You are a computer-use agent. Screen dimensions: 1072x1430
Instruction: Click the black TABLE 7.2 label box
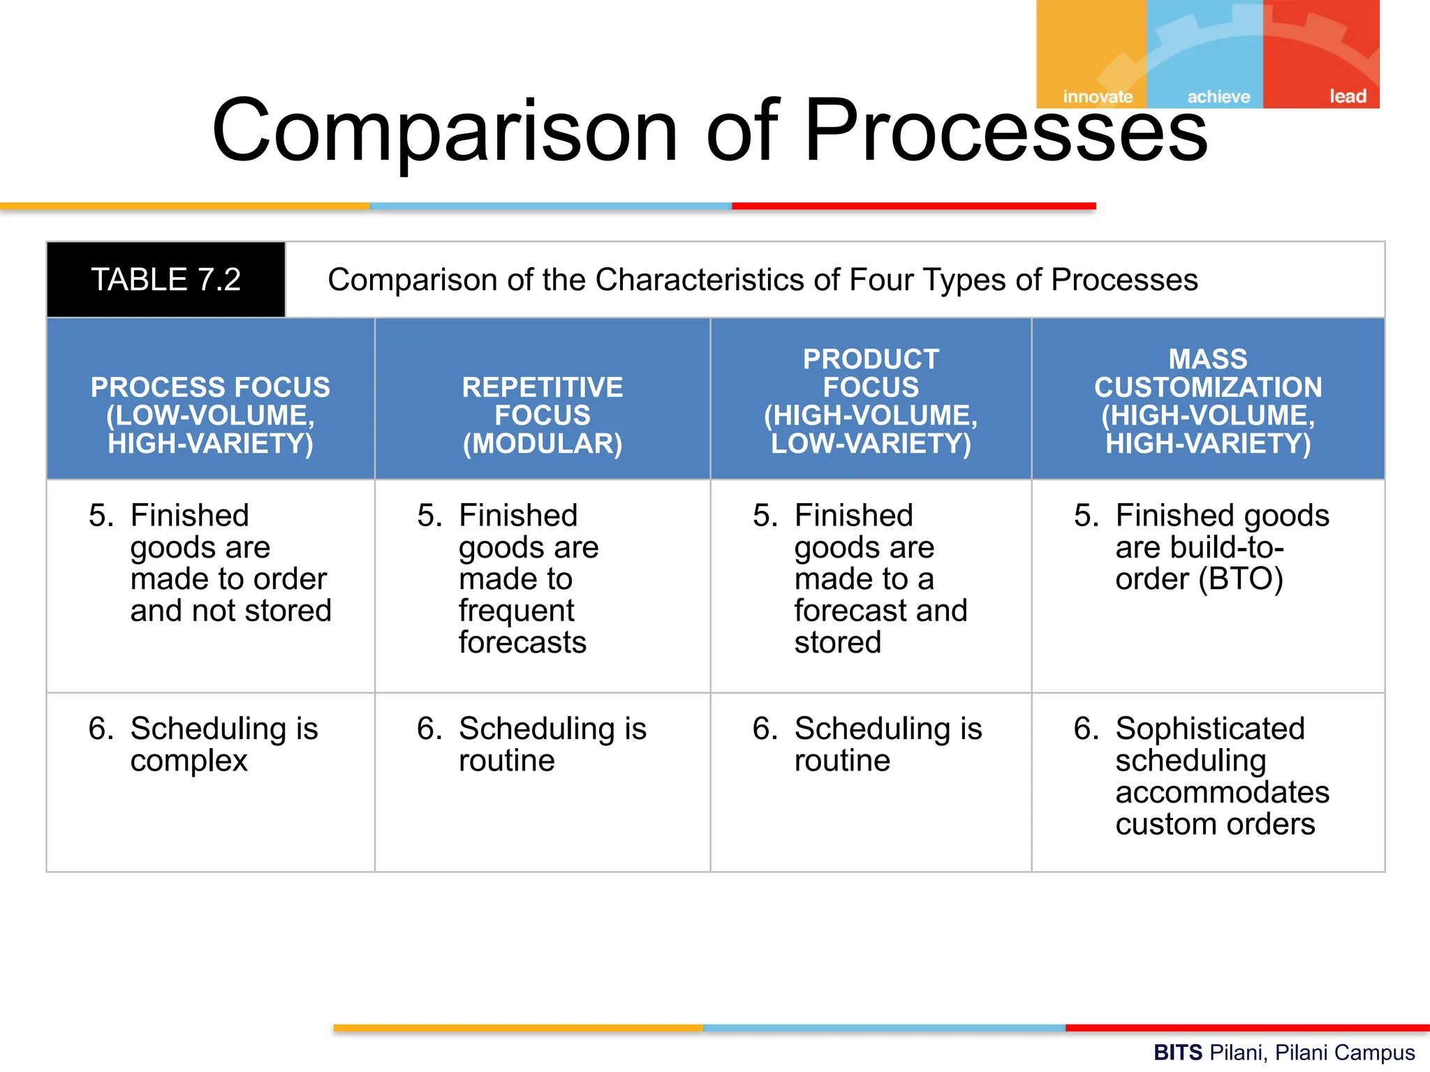165,279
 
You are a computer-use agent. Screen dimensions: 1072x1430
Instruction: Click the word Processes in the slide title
1005,131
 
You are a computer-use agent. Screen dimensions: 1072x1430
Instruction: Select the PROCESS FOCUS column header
210,415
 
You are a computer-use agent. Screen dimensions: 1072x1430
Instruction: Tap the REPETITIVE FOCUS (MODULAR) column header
543,415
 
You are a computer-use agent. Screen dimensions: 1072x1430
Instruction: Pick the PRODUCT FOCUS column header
871,401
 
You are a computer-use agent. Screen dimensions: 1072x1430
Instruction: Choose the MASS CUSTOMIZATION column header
1208,401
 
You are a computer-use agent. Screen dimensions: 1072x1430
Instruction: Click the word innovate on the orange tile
1098,96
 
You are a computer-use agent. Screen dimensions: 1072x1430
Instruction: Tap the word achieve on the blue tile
1218,96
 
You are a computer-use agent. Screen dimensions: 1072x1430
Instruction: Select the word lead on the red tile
1348,96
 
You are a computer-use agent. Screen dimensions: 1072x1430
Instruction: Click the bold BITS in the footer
1178,1052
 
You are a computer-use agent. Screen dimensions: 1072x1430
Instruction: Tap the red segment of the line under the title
913,206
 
